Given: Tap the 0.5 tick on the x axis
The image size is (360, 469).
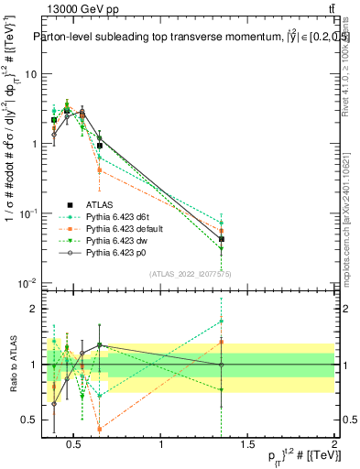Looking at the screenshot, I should click(74, 446).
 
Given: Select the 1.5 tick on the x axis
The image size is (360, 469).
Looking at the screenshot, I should click(247, 446).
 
